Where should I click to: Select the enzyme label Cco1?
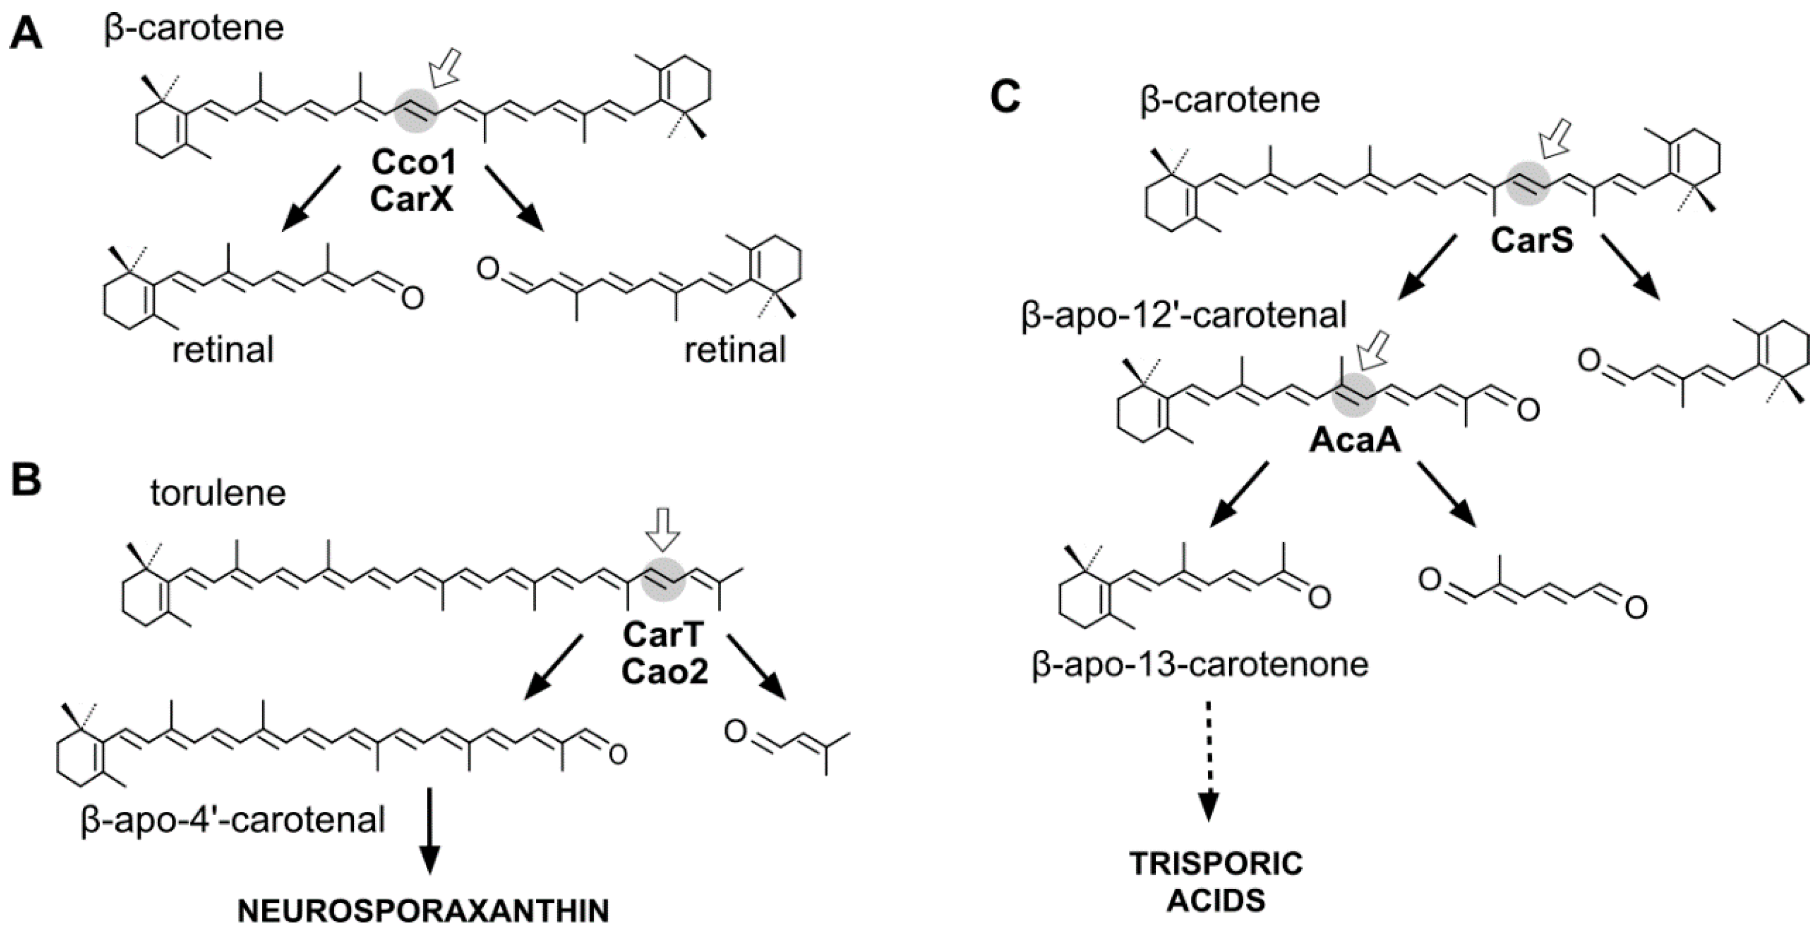point(414,163)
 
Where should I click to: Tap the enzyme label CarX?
point(412,199)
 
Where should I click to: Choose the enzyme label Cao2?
point(664,671)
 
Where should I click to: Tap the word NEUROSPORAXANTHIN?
point(423,911)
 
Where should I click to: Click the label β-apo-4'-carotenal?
point(233,820)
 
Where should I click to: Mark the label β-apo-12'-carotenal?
point(1184,315)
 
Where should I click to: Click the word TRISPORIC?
point(1216,863)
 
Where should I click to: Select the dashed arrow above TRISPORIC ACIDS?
point(1209,760)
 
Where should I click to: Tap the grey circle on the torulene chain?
point(662,579)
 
